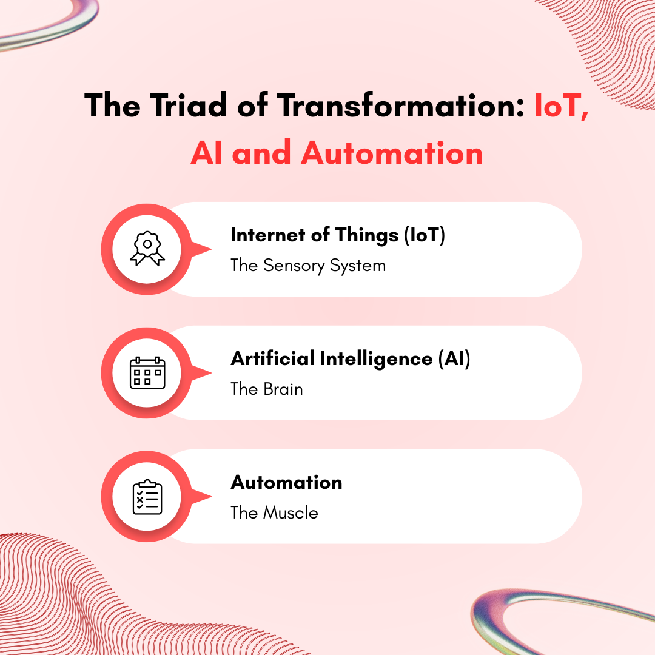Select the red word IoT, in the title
click(x=561, y=106)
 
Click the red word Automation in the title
click(x=392, y=153)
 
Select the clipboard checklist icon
click(x=147, y=497)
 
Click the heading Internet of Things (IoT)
click(x=338, y=235)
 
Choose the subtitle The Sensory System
click(x=308, y=266)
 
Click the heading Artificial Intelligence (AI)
click(x=351, y=359)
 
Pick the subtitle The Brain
click(x=267, y=389)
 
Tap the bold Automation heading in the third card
click(x=286, y=483)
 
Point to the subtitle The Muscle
click(x=274, y=513)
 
